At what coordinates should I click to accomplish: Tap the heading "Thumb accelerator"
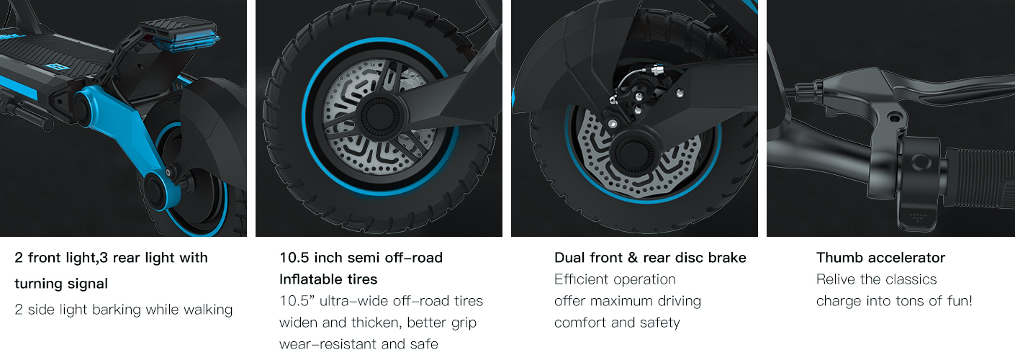click(880, 258)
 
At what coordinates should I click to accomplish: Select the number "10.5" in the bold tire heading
click(294, 258)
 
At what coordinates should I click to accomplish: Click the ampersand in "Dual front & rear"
click(632, 258)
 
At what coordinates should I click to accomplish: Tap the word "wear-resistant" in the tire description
click(328, 344)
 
